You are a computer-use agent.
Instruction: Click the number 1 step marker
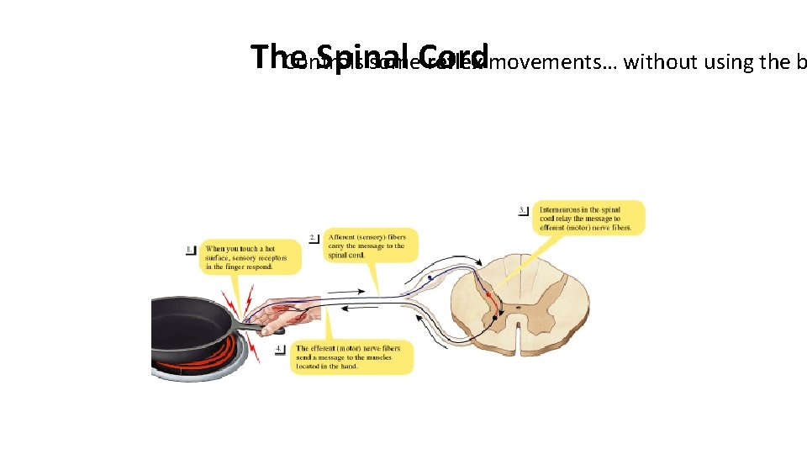(x=192, y=250)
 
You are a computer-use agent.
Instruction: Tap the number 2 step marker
(x=314, y=238)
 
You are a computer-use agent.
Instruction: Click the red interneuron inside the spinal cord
(x=488, y=295)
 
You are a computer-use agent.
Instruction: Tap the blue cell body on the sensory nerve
(x=430, y=277)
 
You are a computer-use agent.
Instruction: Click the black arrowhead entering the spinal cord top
(x=477, y=284)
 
